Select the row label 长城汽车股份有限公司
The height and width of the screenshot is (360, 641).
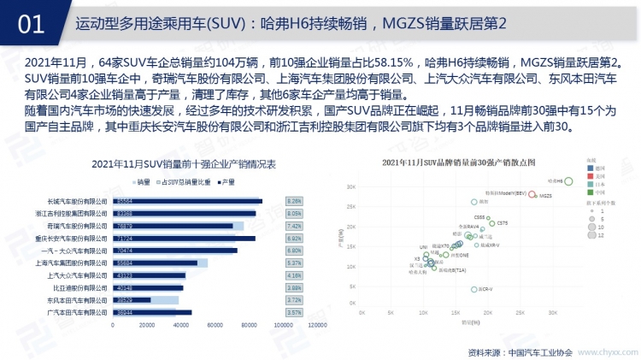pyautogui.click(x=83, y=201)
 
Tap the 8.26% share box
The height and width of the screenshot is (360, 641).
pyautogui.click(x=295, y=201)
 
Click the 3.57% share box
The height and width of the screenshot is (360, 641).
pyautogui.click(x=295, y=313)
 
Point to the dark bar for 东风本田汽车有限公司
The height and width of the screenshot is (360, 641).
pyautogui.click(x=132, y=300)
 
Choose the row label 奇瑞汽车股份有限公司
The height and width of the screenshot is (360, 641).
pyautogui.click(x=83, y=226)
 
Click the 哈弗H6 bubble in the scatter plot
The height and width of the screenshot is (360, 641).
pyautogui.click(x=568, y=181)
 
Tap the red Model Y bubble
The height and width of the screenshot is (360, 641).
pyautogui.click(x=532, y=194)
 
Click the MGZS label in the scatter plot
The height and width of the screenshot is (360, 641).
pyautogui.click(x=547, y=196)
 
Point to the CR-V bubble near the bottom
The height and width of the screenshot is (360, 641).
pyautogui.click(x=474, y=289)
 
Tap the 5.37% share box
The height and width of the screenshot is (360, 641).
pyautogui.click(x=295, y=263)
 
